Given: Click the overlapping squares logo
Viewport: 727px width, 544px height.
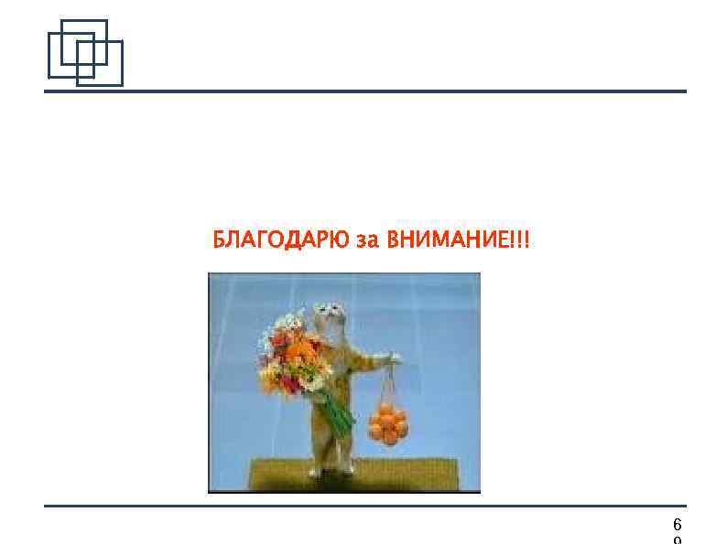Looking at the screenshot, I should click(x=84, y=53).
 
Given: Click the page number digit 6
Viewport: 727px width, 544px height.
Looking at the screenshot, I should click(x=677, y=524).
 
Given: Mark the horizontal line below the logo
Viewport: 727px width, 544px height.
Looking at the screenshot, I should click(x=366, y=91).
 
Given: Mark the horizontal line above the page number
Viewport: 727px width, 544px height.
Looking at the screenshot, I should click(x=366, y=506).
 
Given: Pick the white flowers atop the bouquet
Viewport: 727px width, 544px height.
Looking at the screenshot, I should click(x=289, y=325).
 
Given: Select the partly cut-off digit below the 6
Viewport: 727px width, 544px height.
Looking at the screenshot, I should click(x=677, y=540).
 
